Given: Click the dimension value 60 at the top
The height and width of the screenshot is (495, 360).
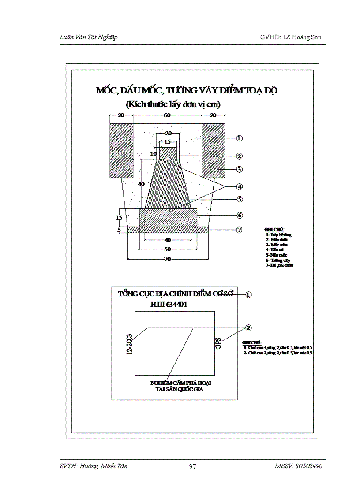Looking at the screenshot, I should [168, 115].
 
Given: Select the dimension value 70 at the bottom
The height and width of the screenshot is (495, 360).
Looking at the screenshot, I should [168, 260].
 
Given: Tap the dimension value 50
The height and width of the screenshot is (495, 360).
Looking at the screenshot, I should [168, 249].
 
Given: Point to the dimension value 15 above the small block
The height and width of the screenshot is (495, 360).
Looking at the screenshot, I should [168, 142].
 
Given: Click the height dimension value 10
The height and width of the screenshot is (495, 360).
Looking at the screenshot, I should [153, 153].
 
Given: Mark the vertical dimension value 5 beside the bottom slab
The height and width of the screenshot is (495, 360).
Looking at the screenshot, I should [119, 230].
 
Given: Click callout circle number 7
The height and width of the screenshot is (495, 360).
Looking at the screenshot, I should [239, 230].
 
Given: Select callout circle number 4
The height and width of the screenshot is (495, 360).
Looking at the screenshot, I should [239, 186].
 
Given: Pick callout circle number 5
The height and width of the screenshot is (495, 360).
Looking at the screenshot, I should [239, 199].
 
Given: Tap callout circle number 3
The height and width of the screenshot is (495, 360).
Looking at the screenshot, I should [239, 169].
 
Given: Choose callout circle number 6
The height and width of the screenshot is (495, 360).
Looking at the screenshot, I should [239, 215].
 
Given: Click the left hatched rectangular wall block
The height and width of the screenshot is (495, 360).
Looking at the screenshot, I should [121, 150].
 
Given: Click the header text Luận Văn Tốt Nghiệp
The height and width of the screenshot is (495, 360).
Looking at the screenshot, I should [88, 37].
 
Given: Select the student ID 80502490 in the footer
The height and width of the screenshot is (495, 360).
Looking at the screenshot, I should [309, 466].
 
